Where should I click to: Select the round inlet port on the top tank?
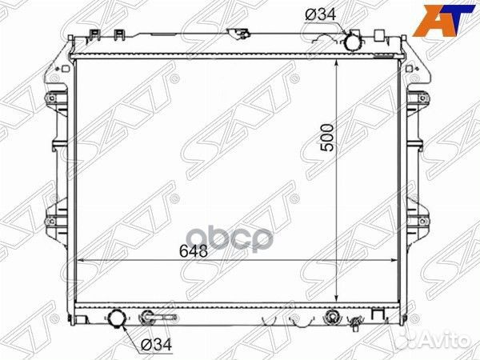[354, 41]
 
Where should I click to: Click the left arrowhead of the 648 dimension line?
[78, 261]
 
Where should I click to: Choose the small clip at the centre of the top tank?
[238, 34]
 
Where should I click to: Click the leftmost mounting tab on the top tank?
[94, 36]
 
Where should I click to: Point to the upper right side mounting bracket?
[418, 104]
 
